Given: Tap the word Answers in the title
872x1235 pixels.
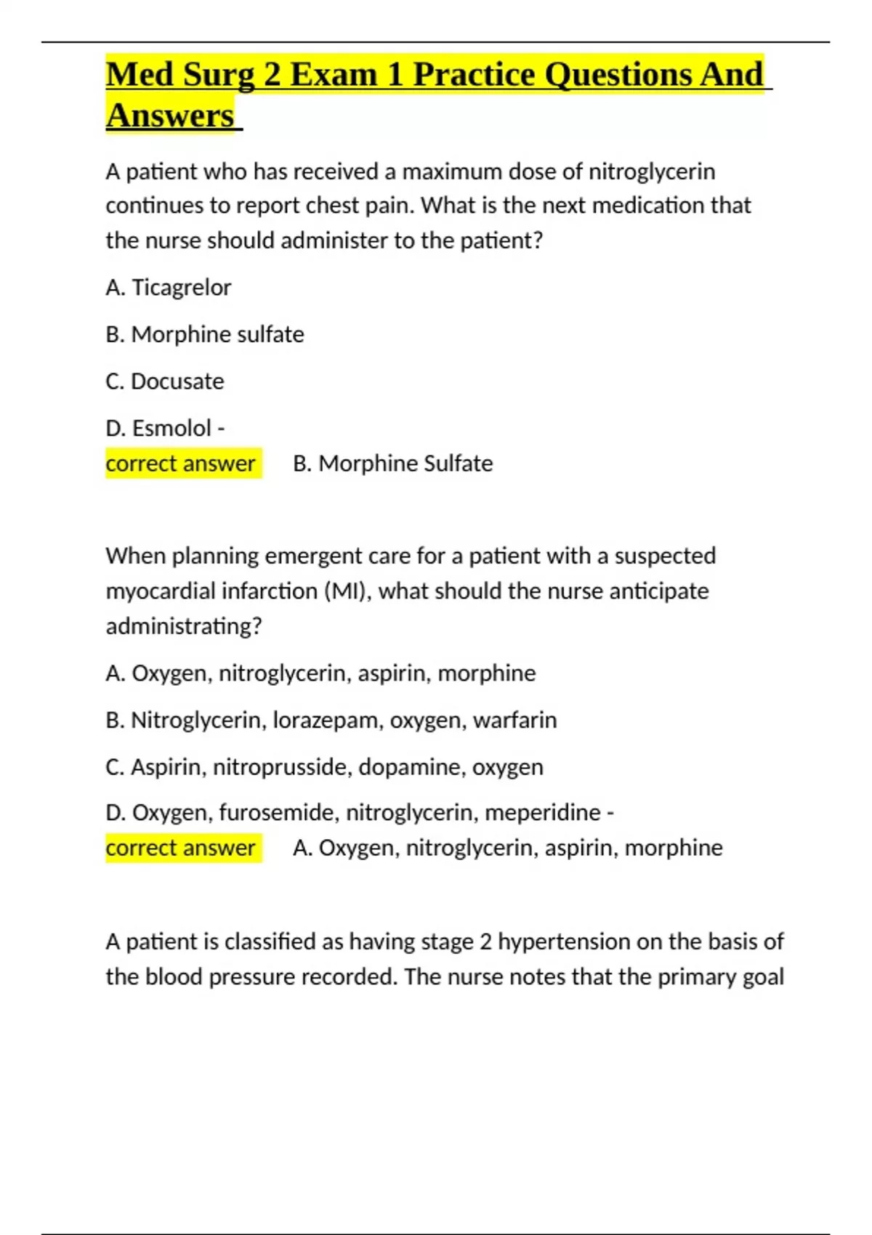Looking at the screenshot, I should [170, 116].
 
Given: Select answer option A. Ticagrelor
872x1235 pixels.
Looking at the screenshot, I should [168, 288].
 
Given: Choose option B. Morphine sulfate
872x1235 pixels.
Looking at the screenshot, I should [204, 334].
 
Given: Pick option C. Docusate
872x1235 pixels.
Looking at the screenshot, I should [164, 381].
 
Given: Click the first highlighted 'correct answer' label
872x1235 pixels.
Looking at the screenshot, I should [181, 463].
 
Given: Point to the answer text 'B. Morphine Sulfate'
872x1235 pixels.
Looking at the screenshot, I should [392, 463].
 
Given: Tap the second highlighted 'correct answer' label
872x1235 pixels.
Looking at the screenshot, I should [181, 848].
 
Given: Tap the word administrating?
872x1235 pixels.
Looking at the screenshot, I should [183, 626].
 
